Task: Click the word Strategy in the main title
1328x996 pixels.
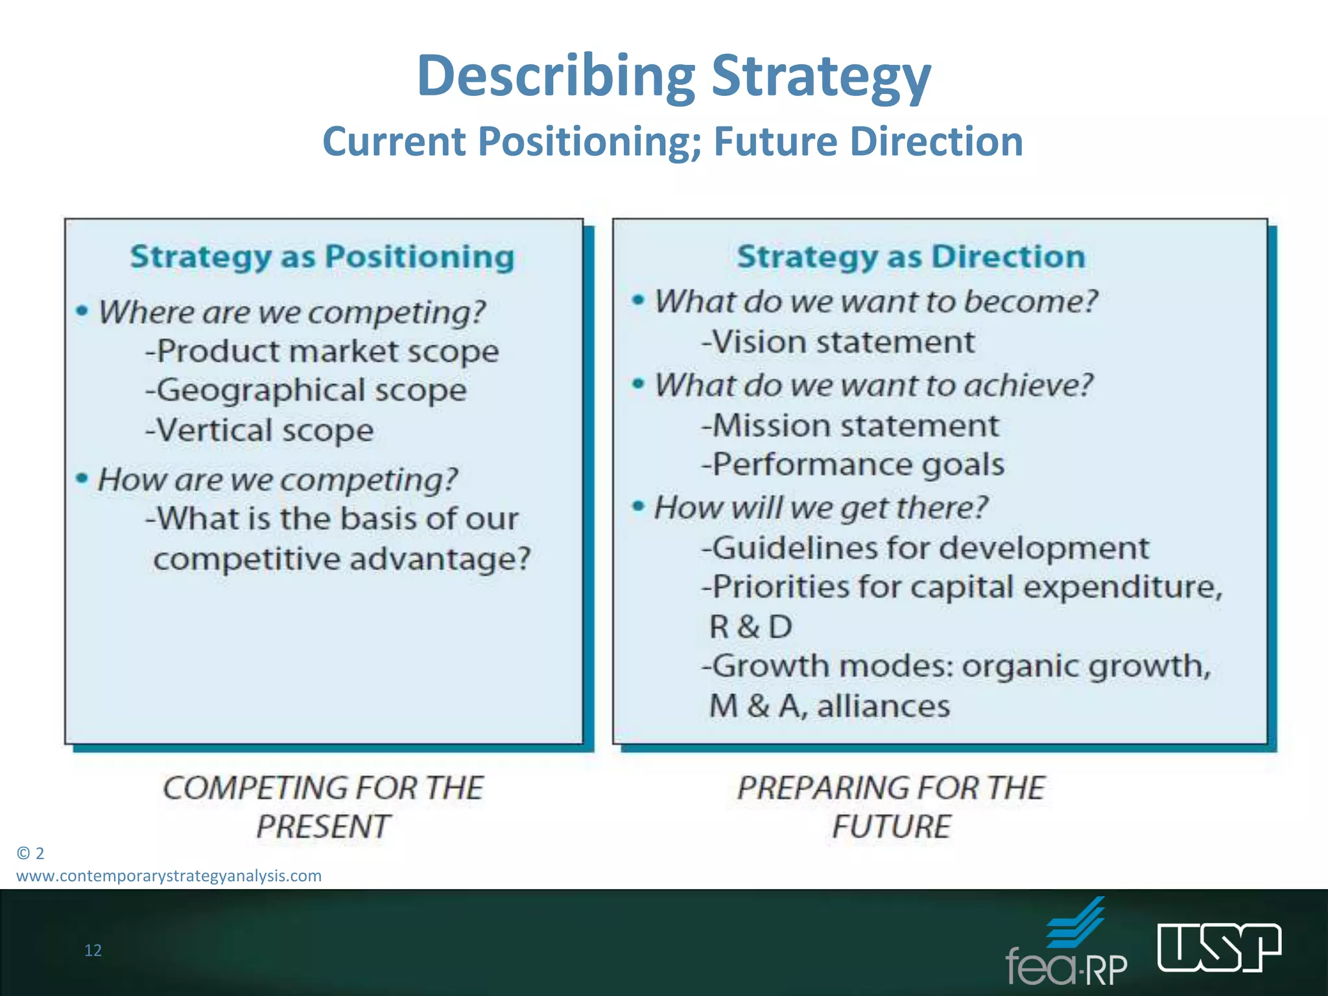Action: [821, 77]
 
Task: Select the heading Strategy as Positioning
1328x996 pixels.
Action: [322, 257]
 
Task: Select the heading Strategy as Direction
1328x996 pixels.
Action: [911, 257]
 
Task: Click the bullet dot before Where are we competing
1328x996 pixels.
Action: [82, 311]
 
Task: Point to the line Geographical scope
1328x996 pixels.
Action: [305, 391]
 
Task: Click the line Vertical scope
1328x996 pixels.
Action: [259, 431]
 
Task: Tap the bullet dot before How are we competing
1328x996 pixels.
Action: [82, 479]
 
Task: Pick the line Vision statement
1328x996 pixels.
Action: [838, 342]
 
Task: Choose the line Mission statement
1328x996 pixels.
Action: [850, 426]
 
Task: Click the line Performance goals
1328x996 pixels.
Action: [853, 465]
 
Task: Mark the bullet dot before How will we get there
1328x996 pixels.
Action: [639, 506]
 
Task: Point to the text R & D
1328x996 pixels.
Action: [751, 627]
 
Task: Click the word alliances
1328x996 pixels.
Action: [883, 706]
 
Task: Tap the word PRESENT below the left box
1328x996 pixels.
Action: [322, 827]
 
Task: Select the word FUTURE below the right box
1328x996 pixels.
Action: [892, 827]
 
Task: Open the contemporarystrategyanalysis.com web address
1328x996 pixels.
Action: [169, 876]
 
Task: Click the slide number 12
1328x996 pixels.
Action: [93, 951]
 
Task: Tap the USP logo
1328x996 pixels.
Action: [1219, 948]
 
